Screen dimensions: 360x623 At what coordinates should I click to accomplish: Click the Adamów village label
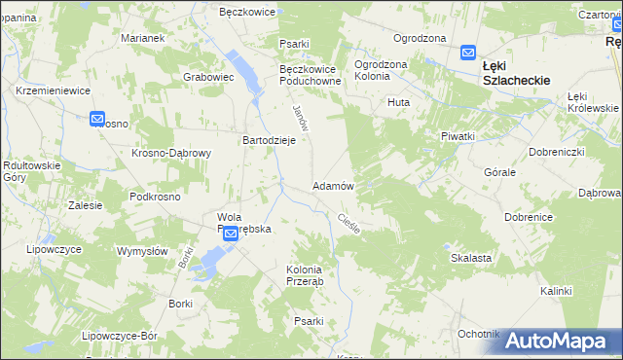[x=332, y=185]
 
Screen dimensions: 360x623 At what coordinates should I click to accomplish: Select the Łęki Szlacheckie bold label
[x=517, y=74]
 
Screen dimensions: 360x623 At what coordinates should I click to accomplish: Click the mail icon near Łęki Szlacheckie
[x=467, y=54]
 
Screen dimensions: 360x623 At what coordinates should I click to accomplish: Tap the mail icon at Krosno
[x=97, y=120]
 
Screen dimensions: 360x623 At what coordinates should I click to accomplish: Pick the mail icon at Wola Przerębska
[x=231, y=234]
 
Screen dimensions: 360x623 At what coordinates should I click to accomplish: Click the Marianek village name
[x=142, y=38]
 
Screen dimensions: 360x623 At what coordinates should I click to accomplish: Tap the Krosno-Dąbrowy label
[x=171, y=153]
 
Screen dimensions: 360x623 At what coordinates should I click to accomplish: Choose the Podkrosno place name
[x=155, y=197]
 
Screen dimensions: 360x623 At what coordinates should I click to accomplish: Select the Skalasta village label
[x=470, y=258]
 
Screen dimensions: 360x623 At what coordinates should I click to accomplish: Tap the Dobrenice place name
[x=529, y=217]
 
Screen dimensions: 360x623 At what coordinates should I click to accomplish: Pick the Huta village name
[x=398, y=102]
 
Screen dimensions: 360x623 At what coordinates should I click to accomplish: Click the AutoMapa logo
[x=556, y=341]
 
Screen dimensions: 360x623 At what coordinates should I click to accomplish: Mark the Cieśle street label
[x=348, y=224]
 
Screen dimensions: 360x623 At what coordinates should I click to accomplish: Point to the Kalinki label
[x=556, y=291]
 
